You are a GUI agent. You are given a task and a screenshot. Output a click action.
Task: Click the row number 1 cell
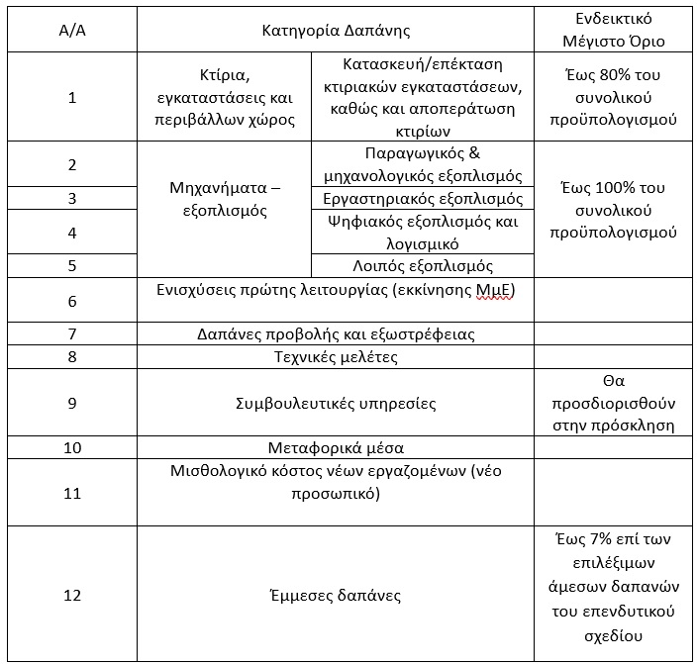click(72, 97)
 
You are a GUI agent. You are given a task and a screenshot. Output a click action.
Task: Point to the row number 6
click(72, 301)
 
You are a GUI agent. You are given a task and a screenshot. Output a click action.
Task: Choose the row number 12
click(72, 596)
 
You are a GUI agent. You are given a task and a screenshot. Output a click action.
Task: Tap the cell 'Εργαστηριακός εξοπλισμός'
click(423, 199)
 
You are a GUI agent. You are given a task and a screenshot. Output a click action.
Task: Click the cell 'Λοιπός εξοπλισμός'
click(423, 265)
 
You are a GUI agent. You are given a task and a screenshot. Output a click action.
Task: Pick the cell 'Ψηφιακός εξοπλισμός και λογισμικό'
click(423, 233)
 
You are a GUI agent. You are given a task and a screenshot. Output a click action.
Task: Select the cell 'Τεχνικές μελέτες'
click(335, 356)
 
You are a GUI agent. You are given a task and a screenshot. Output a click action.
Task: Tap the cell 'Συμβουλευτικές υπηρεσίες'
click(335, 404)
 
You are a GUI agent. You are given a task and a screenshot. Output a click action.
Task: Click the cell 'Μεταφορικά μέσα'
click(335, 447)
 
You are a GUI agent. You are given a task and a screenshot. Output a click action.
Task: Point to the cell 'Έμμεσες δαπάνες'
click(335, 596)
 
